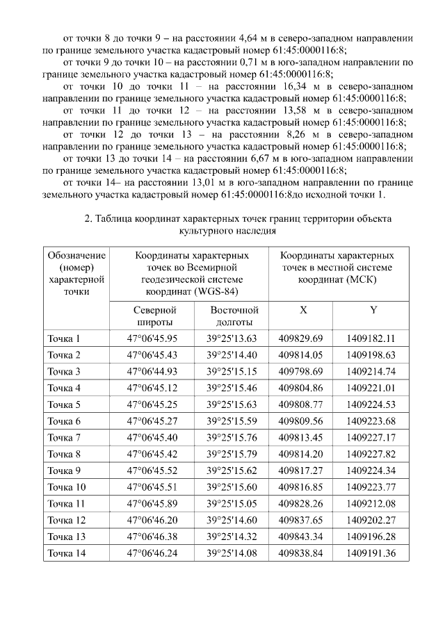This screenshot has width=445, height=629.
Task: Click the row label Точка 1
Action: coord(64,338)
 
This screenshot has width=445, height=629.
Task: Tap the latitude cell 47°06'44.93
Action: coord(152,371)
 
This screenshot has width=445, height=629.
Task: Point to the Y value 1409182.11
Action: coord(371,338)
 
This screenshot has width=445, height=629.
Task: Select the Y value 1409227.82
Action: coord(371,454)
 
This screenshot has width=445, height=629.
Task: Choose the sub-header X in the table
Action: coord(302,309)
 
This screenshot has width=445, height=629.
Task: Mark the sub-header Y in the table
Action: coord(373,309)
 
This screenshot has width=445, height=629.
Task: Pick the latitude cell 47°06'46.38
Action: coord(152,537)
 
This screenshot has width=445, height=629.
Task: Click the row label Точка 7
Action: coord(64,437)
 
